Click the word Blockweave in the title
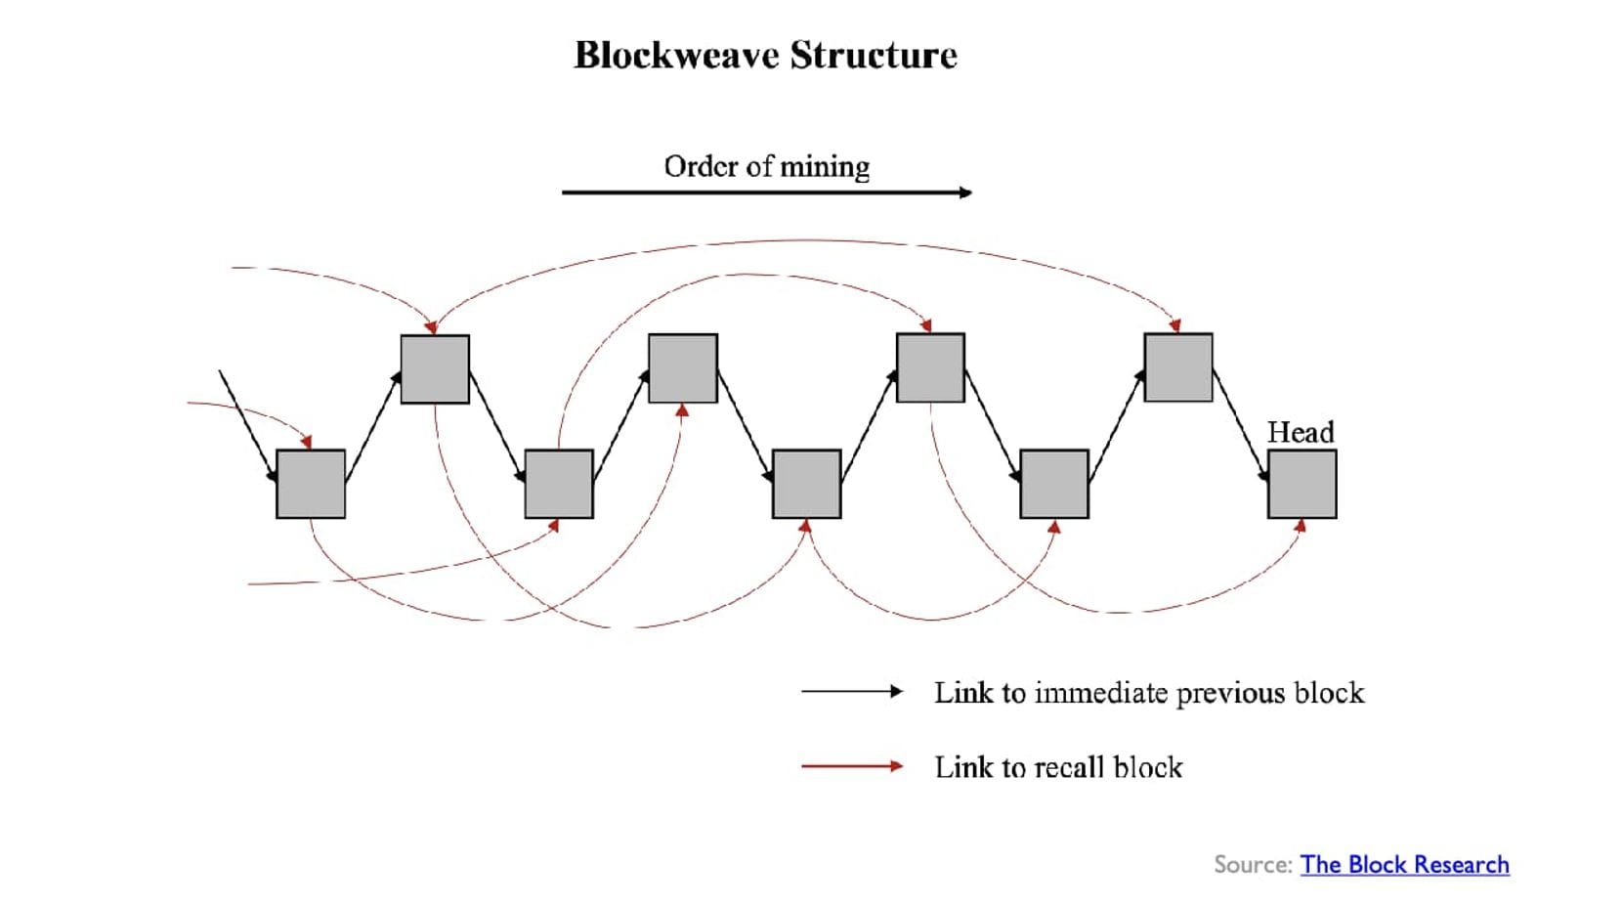(676, 56)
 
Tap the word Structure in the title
(874, 56)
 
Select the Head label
(1300, 432)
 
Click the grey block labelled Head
(1302, 484)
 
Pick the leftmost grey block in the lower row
(311, 484)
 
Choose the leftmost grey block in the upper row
(435, 368)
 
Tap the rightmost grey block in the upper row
(1177, 367)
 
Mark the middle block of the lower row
(806, 484)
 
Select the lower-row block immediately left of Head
(1053, 484)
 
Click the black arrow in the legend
(851, 692)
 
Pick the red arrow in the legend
(851, 767)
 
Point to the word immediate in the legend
(1101, 693)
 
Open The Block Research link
(1404, 865)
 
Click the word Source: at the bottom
(1253, 865)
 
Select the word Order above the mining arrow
(700, 167)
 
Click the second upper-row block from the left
(683, 368)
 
